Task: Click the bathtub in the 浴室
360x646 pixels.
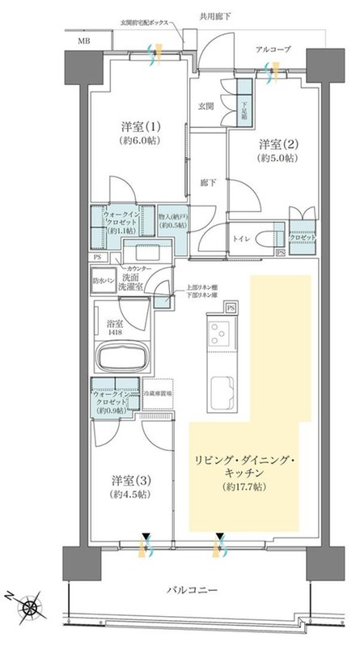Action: pos(121,357)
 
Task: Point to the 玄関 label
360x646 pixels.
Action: pos(205,105)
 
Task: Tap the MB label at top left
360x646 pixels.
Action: pos(84,40)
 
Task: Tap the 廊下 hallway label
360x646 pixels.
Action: pos(206,184)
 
